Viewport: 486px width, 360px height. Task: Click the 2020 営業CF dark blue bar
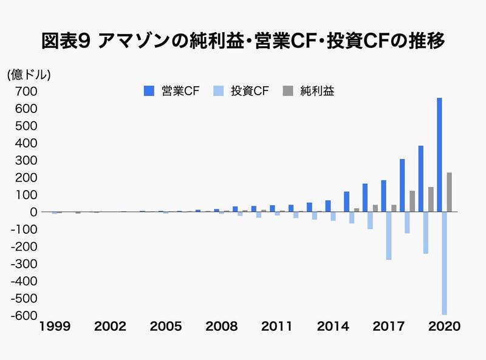439,155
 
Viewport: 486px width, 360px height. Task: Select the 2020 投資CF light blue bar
445,263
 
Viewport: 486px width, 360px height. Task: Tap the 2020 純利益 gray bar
450,192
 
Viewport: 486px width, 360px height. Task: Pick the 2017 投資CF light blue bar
389,236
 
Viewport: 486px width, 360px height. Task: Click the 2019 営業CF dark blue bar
420,178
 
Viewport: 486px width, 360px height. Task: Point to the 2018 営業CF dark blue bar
402,185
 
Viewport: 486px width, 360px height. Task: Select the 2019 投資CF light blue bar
426,233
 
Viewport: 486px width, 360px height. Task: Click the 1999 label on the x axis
55,326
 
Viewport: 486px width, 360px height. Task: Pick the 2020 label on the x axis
443,326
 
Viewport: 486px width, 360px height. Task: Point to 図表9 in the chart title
66,41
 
